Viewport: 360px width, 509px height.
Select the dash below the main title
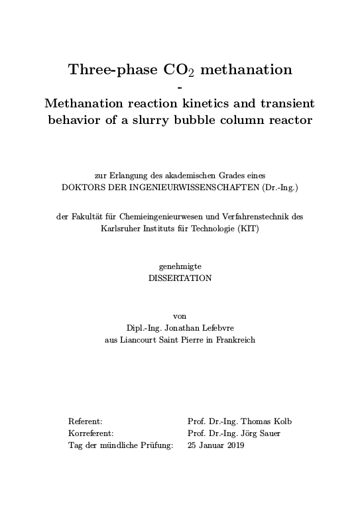[180, 87]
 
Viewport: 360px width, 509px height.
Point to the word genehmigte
[180, 266]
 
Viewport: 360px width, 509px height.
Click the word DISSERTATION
[180, 278]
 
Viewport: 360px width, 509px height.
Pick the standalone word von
[180, 315]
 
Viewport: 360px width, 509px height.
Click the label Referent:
[86, 422]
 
